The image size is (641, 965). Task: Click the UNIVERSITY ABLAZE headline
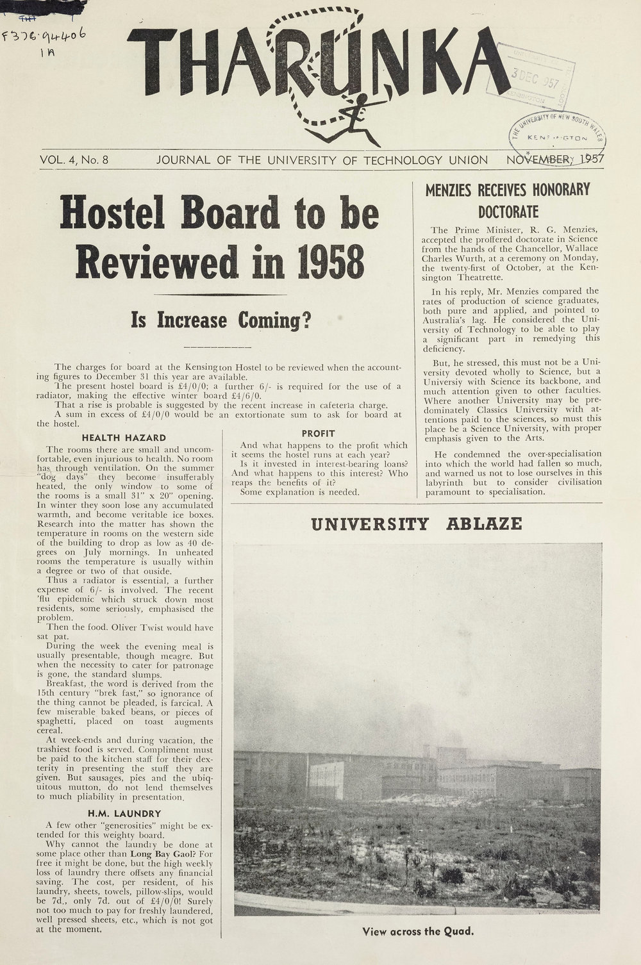click(x=416, y=525)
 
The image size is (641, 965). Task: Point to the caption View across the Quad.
click(x=418, y=931)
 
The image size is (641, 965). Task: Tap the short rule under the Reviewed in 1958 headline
click(x=220, y=294)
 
